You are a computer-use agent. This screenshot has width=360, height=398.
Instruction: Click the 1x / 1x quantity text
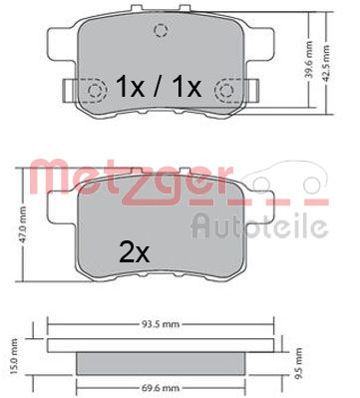pyautogui.click(x=158, y=88)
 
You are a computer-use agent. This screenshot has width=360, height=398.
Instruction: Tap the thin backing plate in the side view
pyautogui.click(x=158, y=346)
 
